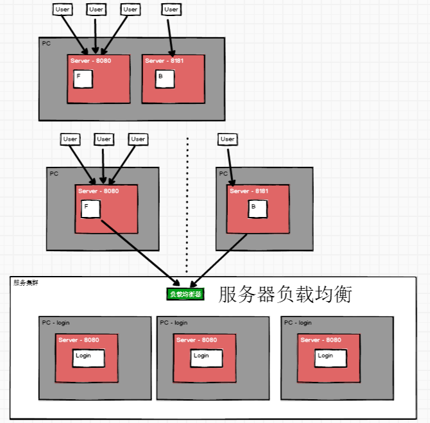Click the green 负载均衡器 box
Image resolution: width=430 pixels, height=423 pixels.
click(x=185, y=294)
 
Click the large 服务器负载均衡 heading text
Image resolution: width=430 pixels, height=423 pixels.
click(x=286, y=294)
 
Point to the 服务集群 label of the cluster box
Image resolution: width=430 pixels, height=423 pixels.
click(x=26, y=282)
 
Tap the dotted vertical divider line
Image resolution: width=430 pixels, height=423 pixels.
click(x=187, y=205)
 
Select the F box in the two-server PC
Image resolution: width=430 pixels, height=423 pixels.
click(x=83, y=79)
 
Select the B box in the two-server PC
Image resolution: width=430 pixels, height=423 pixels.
click(x=164, y=79)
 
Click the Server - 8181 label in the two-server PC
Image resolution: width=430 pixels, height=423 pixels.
click(x=164, y=61)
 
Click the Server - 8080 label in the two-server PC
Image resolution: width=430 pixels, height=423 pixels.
click(x=90, y=61)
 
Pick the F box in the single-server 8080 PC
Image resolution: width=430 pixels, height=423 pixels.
click(x=90, y=209)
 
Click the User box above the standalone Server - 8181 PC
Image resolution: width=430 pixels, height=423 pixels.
click(x=227, y=139)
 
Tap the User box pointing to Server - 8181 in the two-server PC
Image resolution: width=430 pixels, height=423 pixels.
click(x=171, y=10)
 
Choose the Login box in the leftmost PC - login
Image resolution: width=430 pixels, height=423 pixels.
click(x=88, y=358)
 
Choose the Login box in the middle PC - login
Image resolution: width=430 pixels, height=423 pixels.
click(x=206, y=358)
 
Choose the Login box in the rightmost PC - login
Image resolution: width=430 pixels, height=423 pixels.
click(x=330, y=358)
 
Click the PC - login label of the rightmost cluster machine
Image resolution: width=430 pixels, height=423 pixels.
click(x=298, y=323)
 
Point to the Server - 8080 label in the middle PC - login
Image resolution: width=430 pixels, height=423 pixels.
click(x=196, y=340)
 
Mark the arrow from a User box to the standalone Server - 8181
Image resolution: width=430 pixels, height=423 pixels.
click(x=228, y=166)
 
